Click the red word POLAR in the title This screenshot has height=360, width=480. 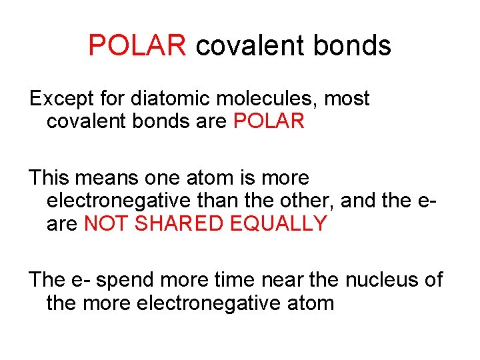(x=138, y=45)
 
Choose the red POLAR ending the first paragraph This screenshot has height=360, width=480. (x=269, y=121)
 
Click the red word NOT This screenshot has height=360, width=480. (x=107, y=223)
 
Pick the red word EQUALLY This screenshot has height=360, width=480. (x=279, y=223)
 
